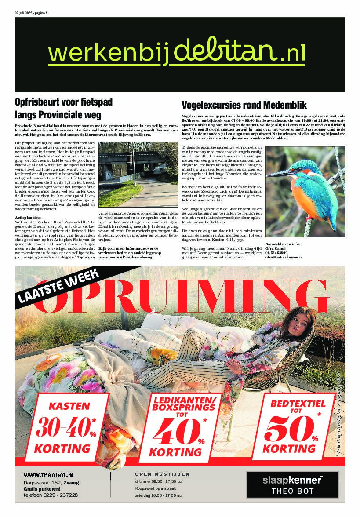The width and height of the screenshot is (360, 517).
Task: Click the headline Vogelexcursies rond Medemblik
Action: tap(244, 105)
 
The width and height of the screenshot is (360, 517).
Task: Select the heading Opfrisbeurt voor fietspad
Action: tap(64, 102)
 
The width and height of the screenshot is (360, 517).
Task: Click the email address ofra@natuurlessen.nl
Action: tap(284, 258)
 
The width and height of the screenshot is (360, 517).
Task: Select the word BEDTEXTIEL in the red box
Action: tap(298, 404)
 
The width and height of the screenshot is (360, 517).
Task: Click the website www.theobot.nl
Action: tap(48, 475)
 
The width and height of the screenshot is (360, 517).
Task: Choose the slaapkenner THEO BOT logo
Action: tap(292, 484)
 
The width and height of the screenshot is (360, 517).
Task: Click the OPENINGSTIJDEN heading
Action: tap(162, 474)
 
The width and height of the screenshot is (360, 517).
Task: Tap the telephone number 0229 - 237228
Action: tap(51, 495)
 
